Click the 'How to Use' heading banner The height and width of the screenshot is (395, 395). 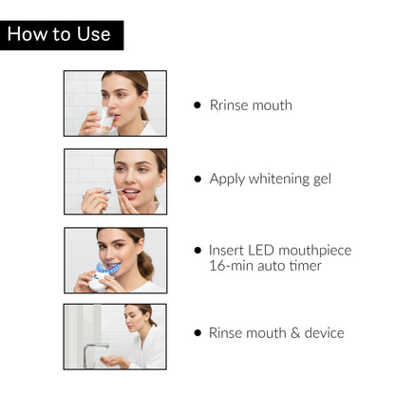pyautogui.click(x=61, y=35)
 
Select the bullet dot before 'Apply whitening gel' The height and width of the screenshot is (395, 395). pyautogui.click(x=197, y=179)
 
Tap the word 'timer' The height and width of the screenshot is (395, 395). pyautogui.click(x=304, y=266)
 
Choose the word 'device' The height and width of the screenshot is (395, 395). pyautogui.click(x=319, y=333)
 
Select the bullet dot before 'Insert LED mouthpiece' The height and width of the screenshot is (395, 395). pyautogui.click(x=197, y=251)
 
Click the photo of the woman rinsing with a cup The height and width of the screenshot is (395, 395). pyautogui.click(x=115, y=103)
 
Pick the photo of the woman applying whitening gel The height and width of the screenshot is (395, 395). pyautogui.click(x=115, y=181)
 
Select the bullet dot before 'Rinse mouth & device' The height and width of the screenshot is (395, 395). pyautogui.click(x=197, y=333)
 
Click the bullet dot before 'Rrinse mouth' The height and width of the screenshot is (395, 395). pyautogui.click(x=197, y=105)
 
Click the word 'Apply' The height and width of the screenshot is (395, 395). pyautogui.click(x=227, y=179)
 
